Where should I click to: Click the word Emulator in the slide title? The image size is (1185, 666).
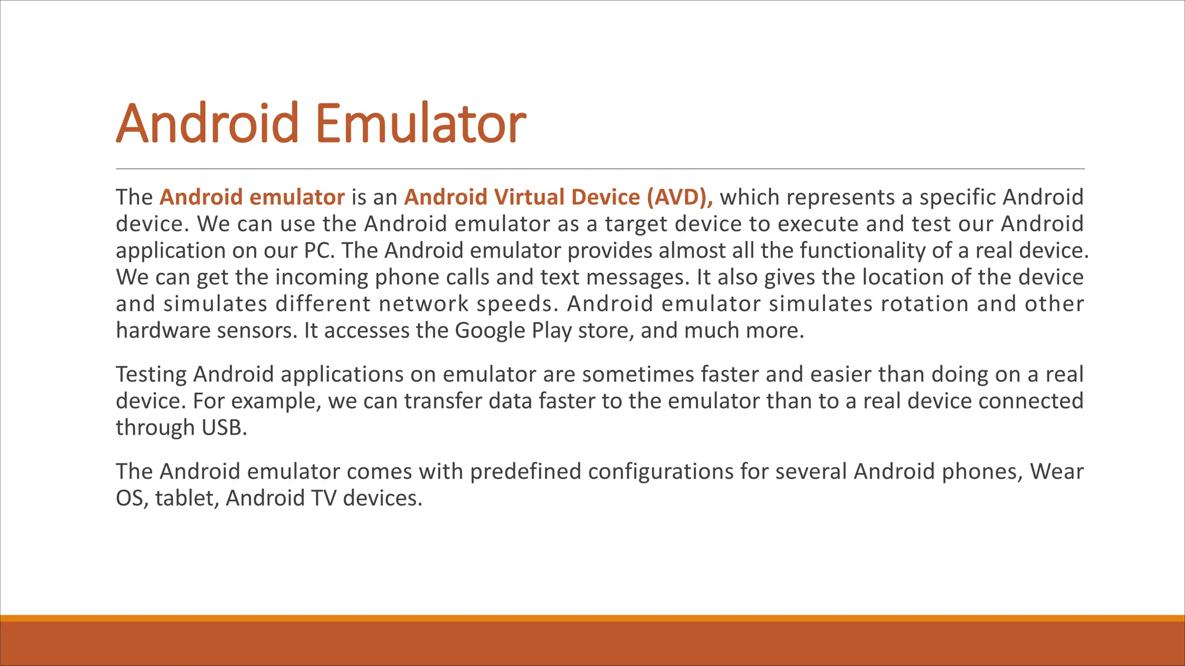[x=421, y=123]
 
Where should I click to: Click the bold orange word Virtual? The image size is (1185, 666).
[x=529, y=197]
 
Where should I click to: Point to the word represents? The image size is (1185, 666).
[x=840, y=197]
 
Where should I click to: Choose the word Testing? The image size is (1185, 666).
[x=151, y=374]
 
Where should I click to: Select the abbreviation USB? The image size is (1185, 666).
[x=224, y=427]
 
